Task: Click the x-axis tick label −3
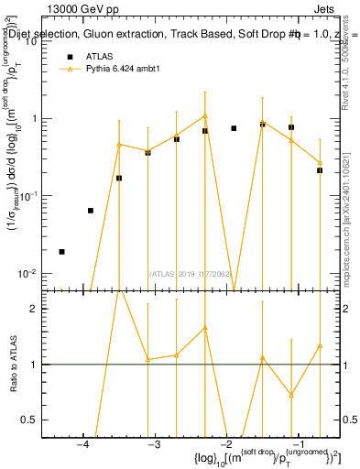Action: tap(154, 444)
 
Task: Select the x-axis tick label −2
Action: tap(226, 444)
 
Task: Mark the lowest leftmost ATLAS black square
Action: tap(61, 251)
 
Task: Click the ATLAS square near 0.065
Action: tap(90, 211)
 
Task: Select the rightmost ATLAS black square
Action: tap(320, 170)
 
